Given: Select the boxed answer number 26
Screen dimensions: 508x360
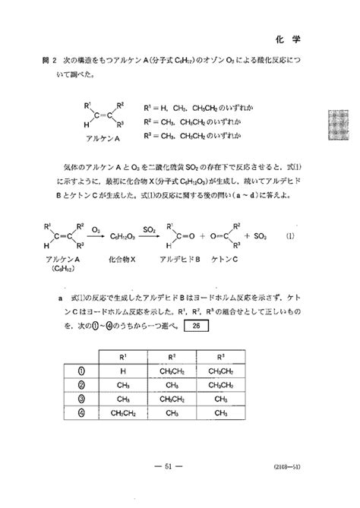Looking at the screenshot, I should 195,327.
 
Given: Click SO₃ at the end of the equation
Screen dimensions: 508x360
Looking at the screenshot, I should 259,237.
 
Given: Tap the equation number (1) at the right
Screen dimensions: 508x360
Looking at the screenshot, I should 291,237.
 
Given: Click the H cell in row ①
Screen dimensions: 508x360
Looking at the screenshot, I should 122,371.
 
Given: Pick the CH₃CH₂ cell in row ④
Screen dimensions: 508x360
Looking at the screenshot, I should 122,414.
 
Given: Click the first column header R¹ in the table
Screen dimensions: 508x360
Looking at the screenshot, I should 122,355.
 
